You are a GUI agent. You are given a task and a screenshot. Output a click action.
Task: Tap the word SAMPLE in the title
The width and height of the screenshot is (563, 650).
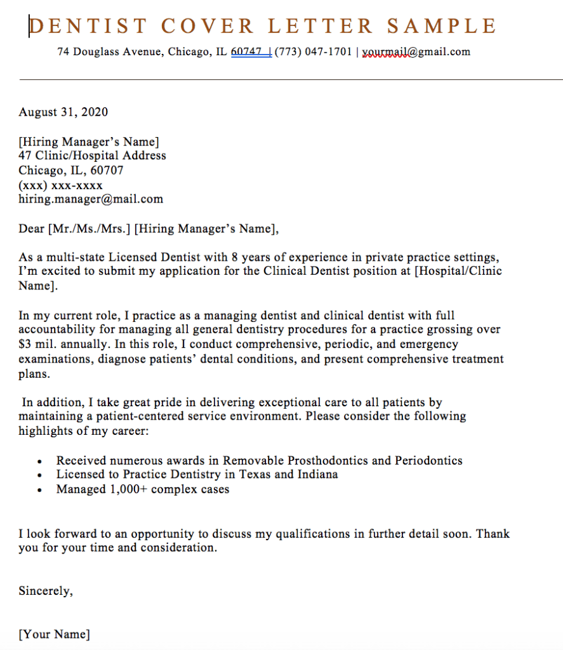pyautogui.click(x=442, y=27)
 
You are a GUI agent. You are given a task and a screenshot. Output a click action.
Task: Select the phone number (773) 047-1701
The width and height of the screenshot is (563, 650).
pyautogui.click(x=313, y=52)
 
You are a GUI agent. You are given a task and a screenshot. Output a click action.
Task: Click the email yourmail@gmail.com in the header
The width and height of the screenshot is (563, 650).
pyautogui.click(x=416, y=52)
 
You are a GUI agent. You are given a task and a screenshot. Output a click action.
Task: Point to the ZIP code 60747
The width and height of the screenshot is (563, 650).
pyautogui.click(x=247, y=52)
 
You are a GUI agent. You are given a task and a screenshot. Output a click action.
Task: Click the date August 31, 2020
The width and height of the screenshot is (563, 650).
pyautogui.click(x=63, y=112)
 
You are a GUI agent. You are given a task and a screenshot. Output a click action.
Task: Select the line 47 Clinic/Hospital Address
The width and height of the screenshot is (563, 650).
pyautogui.click(x=92, y=156)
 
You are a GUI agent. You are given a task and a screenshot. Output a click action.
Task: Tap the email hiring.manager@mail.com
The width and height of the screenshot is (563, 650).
pyautogui.click(x=91, y=199)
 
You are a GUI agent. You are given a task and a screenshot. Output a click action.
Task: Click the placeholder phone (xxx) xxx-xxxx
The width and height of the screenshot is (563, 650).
pyautogui.click(x=60, y=185)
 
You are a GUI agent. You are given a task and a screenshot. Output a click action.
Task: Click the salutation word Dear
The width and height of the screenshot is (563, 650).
pyautogui.click(x=31, y=229)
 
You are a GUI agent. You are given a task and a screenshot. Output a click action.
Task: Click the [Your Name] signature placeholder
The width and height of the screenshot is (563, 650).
pyautogui.click(x=54, y=634)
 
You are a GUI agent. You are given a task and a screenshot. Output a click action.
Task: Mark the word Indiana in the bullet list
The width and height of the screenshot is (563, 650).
pyautogui.click(x=316, y=474)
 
